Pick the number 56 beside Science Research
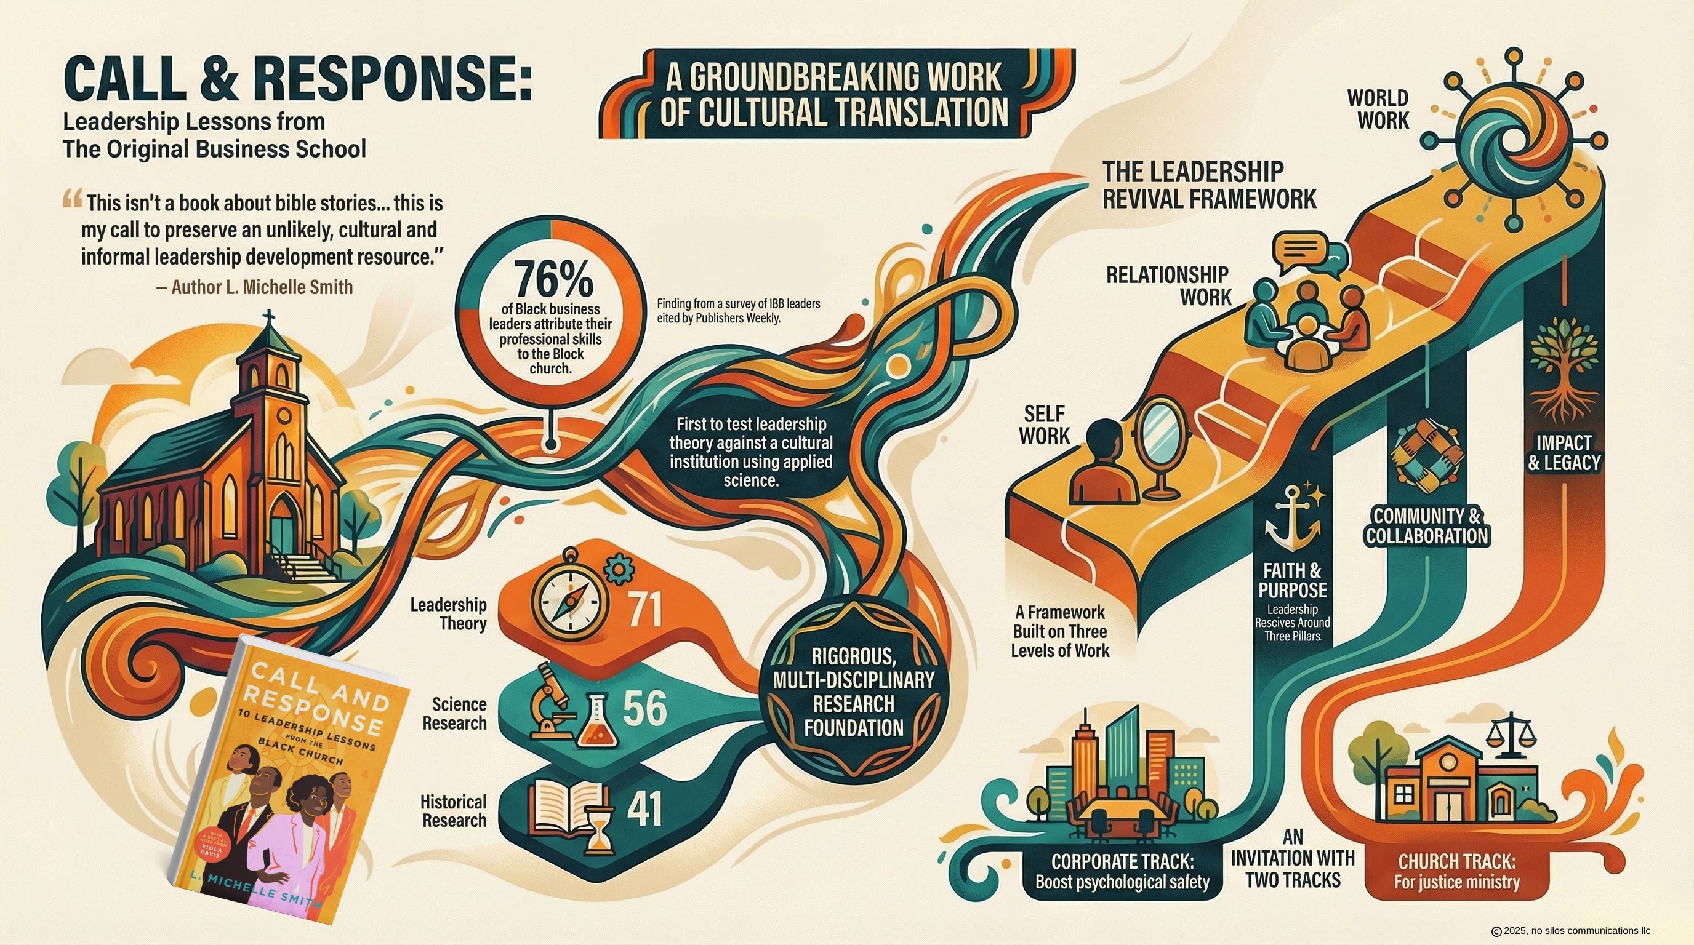(644, 708)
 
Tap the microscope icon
(551, 700)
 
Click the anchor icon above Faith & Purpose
(1291, 519)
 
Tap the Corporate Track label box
(1122, 871)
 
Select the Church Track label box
(1456, 871)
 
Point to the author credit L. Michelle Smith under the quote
(261, 287)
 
